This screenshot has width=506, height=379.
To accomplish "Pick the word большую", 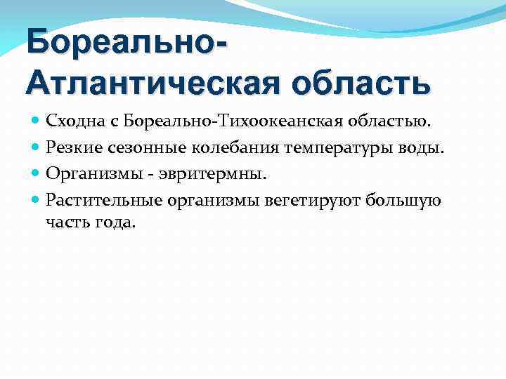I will [408, 201].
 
